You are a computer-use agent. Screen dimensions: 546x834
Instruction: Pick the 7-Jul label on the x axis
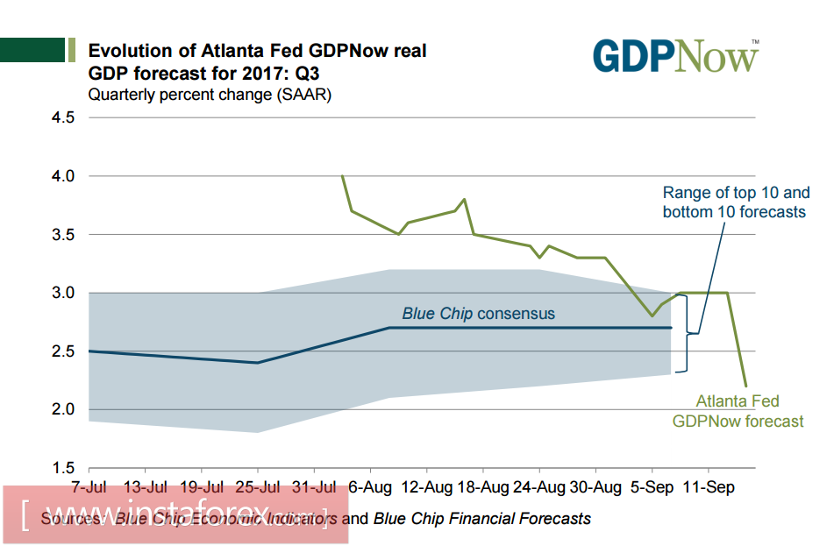click(x=89, y=486)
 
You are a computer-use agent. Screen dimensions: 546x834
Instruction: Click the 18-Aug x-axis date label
click(x=483, y=486)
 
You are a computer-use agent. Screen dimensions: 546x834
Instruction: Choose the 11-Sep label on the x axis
click(x=709, y=486)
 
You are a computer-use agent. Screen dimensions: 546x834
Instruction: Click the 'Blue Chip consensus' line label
click(x=478, y=313)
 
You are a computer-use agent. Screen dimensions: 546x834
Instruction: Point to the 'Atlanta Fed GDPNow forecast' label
click(x=738, y=411)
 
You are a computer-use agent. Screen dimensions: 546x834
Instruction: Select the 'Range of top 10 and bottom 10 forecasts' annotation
click(x=735, y=202)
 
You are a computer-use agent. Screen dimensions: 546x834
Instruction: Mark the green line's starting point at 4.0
click(x=342, y=176)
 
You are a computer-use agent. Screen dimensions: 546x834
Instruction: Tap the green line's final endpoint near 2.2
click(x=746, y=386)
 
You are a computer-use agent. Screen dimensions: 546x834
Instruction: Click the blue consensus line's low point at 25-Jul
click(x=258, y=362)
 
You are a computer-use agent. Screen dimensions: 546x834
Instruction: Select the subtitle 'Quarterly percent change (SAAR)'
click(x=210, y=95)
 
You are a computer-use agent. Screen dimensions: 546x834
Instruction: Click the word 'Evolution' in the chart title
click(x=135, y=51)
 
